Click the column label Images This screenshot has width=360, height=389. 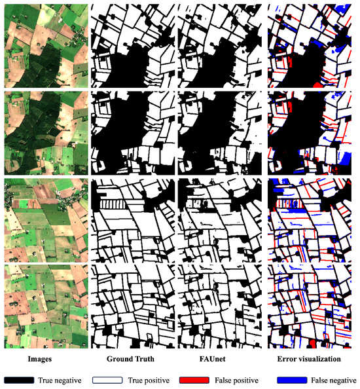[x=44, y=359]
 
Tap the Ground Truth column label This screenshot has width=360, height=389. [x=132, y=359]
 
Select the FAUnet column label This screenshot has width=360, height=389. [x=220, y=359]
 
